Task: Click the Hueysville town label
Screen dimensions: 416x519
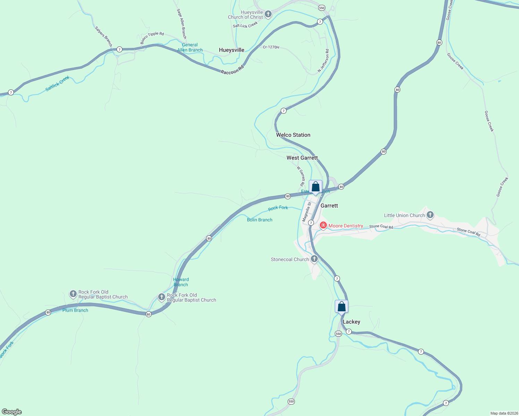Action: pos(231,50)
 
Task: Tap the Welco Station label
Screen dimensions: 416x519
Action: pos(293,135)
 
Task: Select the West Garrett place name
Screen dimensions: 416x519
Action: pos(302,158)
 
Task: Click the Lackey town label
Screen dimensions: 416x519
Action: pos(351,322)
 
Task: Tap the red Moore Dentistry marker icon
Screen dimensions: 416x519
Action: pos(323,225)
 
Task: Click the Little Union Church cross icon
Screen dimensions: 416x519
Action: pos(430,215)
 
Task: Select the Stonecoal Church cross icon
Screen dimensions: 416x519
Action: pos(314,259)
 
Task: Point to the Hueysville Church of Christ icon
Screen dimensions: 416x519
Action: pos(268,14)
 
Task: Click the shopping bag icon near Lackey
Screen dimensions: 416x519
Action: pos(341,307)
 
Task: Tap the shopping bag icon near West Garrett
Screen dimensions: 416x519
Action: pos(315,187)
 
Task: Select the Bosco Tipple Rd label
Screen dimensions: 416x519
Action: pos(152,38)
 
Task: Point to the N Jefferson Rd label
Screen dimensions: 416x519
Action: pos(323,61)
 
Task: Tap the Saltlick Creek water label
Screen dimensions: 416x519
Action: pos(58,84)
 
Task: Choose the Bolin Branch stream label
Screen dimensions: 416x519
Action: pos(259,220)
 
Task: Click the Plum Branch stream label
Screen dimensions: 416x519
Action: pos(75,310)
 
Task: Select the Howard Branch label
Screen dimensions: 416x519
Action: pos(181,282)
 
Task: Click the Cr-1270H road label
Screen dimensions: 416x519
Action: pos(271,47)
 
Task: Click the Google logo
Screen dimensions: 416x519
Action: pos(12,412)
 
